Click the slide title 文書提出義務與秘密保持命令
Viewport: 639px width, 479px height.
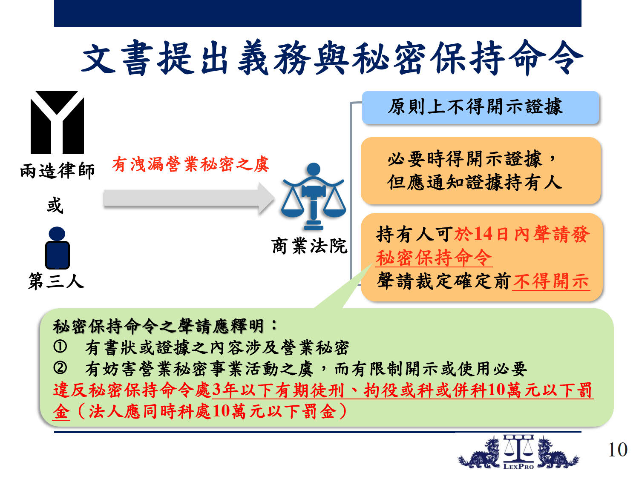332,57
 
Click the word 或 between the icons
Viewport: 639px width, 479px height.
55,205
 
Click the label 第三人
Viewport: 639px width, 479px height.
56,281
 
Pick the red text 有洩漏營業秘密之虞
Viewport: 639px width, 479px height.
191,164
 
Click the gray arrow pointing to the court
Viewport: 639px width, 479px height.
189,199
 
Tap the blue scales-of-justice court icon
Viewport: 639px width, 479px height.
314,196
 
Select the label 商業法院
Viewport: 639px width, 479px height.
309,246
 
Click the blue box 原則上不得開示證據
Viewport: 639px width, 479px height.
481,107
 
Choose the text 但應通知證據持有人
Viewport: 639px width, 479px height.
475,183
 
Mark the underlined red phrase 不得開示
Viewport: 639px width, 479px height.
551,281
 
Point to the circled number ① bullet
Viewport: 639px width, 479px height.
60,347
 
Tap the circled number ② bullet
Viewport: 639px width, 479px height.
60,368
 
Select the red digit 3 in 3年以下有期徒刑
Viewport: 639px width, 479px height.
216,390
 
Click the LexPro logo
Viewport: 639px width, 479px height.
518,452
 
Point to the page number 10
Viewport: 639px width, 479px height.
617,450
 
